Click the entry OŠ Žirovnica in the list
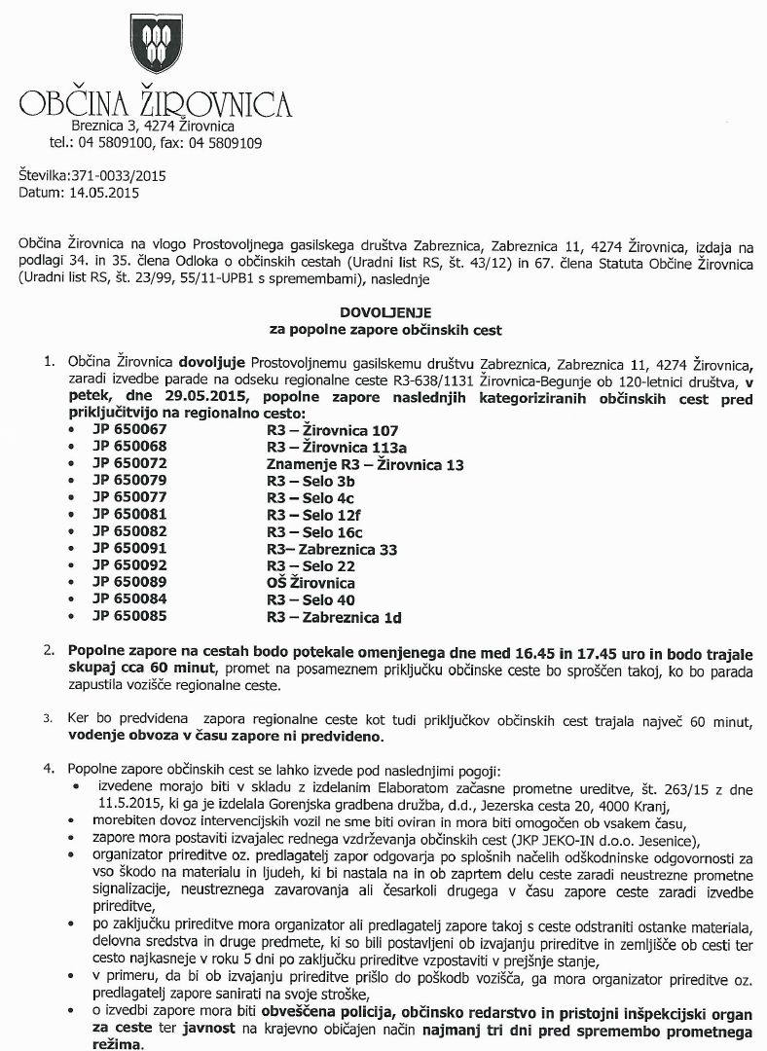click(x=310, y=583)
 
